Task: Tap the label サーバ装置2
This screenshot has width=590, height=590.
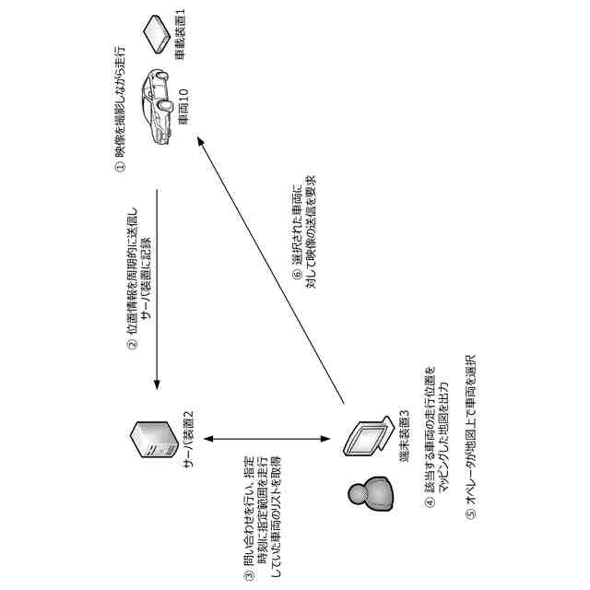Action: tap(187, 440)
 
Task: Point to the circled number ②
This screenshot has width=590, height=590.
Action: tap(132, 347)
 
